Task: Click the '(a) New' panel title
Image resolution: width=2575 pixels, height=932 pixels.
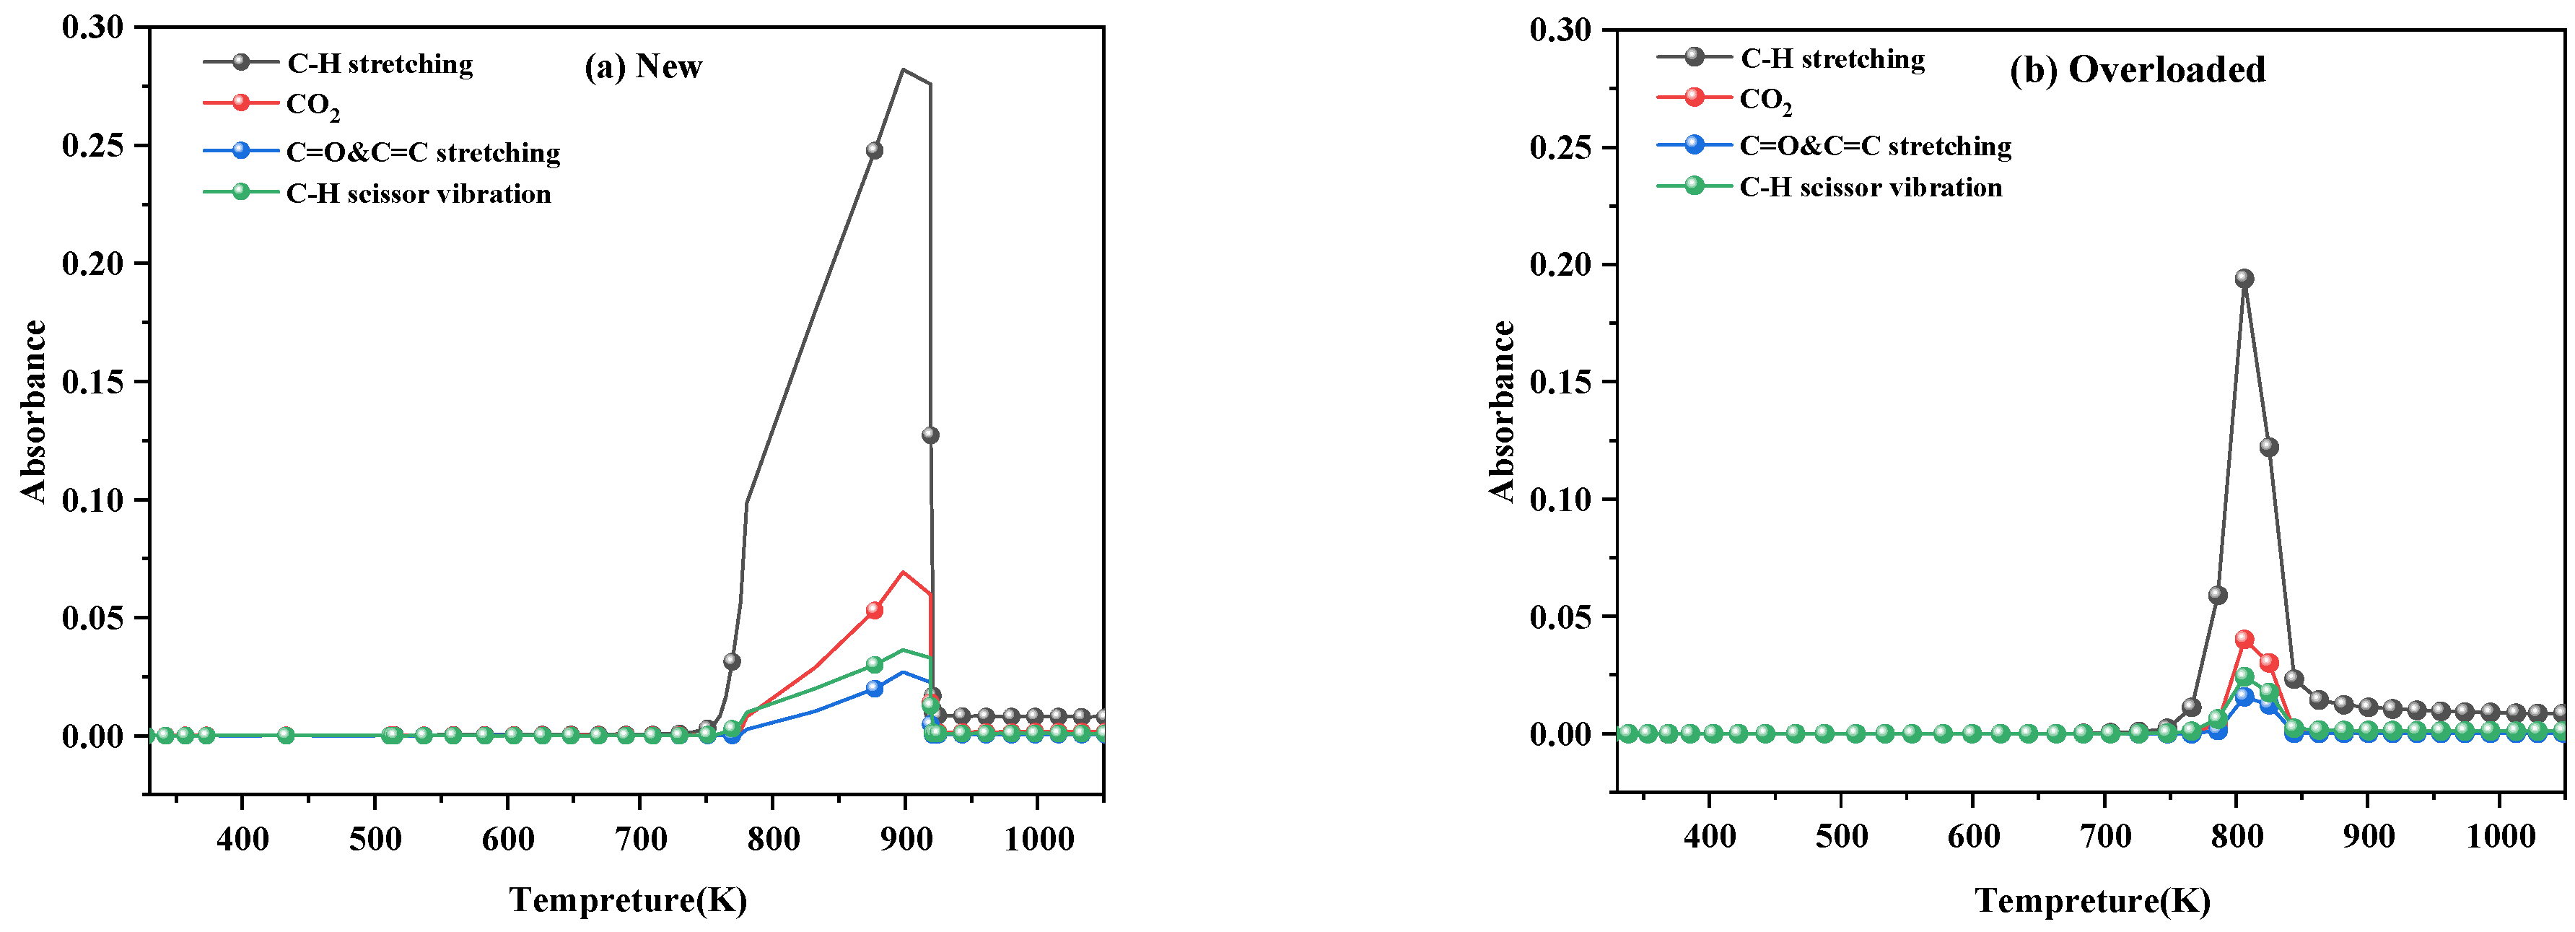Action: (x=643, y=67)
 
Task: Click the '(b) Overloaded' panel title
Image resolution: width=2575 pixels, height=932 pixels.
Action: (x=2137, y=70)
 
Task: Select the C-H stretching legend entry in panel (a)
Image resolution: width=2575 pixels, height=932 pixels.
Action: (x=380, y=64)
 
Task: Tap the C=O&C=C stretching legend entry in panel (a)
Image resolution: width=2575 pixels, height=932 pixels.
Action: (x=423, y=152)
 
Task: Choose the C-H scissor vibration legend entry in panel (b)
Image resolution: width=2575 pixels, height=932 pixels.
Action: (x=1871, y=187)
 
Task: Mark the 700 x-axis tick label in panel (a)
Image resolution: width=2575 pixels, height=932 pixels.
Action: (x=641, y=838)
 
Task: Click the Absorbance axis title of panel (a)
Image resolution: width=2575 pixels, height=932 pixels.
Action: (x=34, y=410)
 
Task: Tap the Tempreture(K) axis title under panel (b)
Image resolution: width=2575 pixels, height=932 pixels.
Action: (x=2093, y=900)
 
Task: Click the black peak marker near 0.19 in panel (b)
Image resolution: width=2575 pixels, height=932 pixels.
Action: (x=2244, y=279)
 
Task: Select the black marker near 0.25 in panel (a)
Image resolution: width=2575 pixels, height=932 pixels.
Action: (x=875, y=151)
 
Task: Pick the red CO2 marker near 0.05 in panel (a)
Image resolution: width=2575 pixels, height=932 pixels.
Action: (x=875, y=610)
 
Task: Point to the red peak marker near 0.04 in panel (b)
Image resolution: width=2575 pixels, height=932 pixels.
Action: (x=2244, y=639)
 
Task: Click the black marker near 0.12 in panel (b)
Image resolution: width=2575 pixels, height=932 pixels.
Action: (x=2269, y=447)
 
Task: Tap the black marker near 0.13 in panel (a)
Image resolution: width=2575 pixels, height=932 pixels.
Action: (x=931, y=435)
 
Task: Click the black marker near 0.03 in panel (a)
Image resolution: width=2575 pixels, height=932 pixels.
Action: (x=732, y=661)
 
